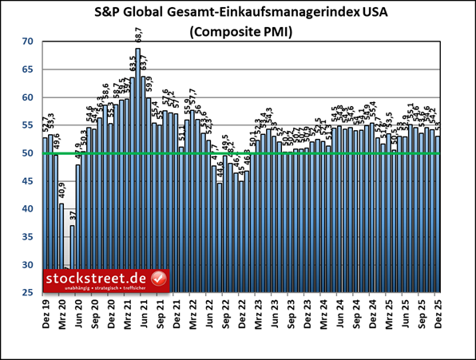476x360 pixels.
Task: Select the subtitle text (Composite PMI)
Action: (x=237, y=34)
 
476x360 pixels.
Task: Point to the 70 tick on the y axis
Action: (x=27, y=42)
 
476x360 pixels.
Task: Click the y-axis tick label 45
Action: (x=27, y=181)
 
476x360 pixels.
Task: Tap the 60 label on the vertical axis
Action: (x=27, y=97)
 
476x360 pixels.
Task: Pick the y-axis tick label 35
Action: (x=27, y=237)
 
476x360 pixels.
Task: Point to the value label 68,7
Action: (x=138, y=37)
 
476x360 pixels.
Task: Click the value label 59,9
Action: (x=149, y=86)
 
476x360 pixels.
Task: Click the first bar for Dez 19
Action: (x=46, y=216)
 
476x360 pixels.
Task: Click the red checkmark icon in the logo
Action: (x=158, y=279)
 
